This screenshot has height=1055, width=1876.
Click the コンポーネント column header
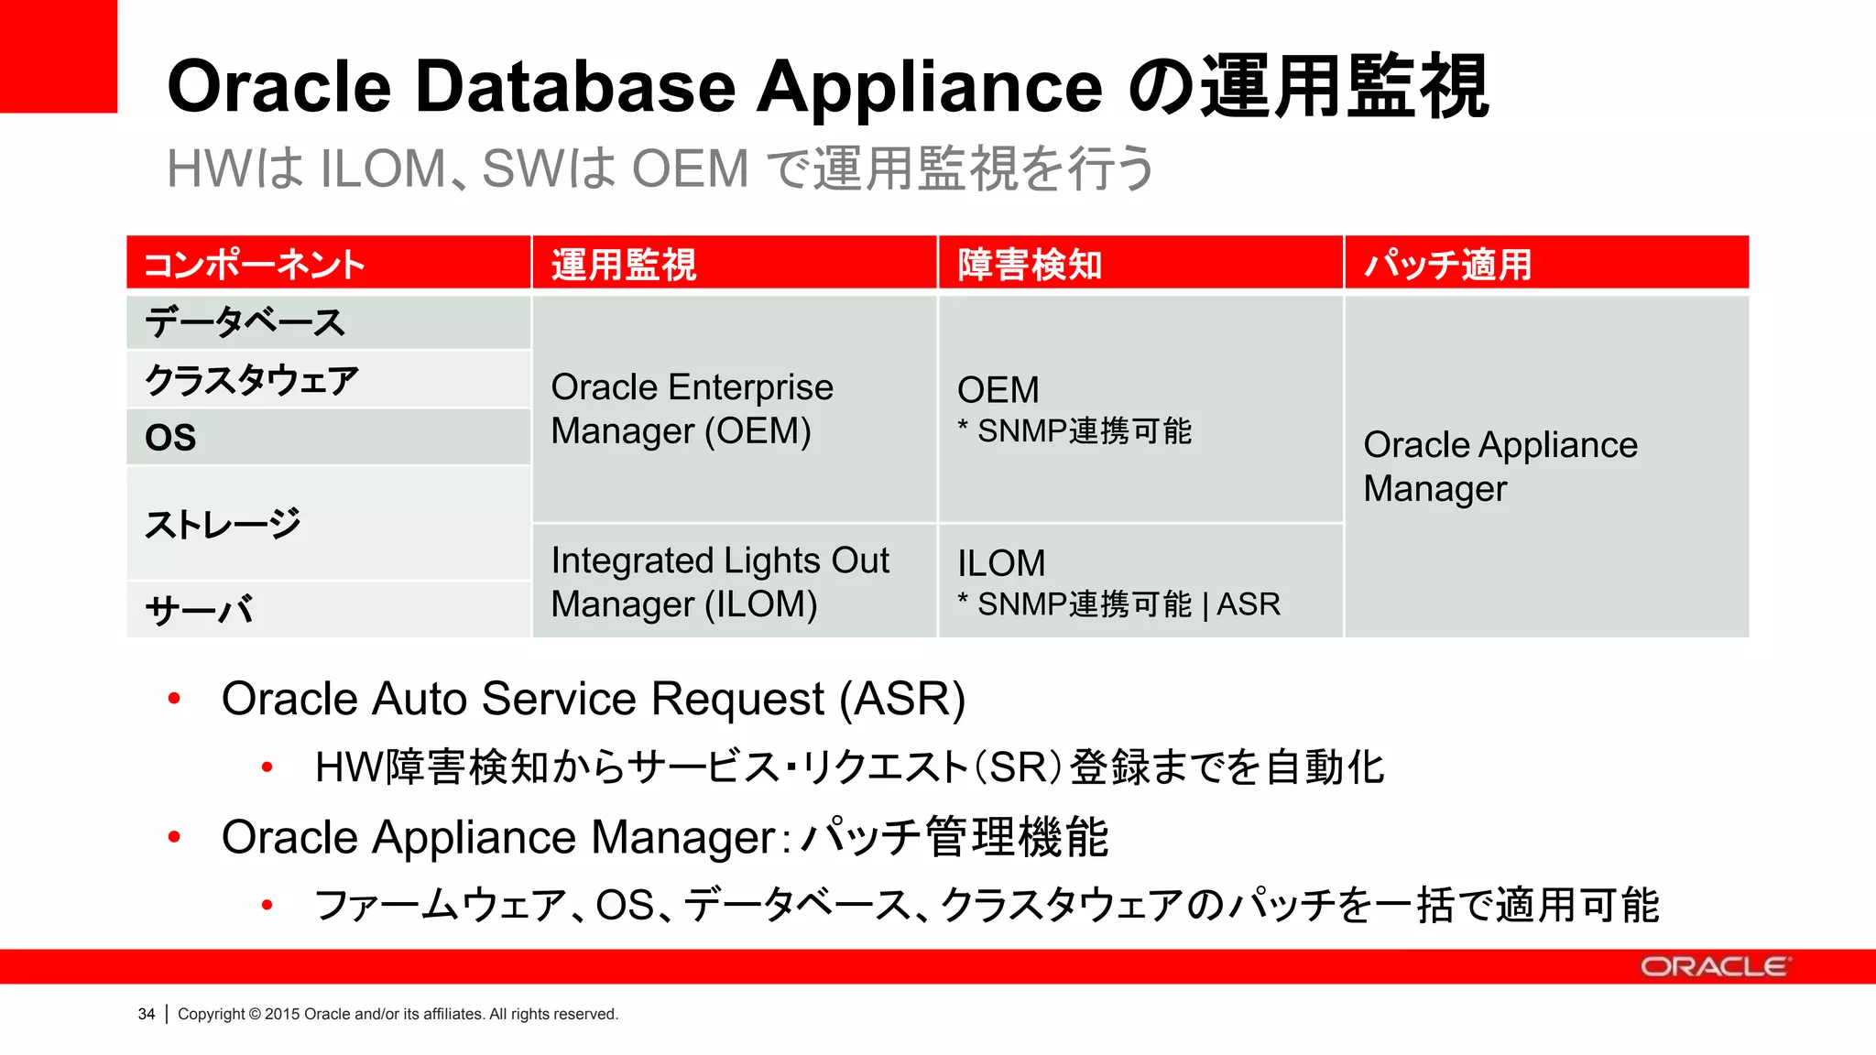[x=255, y=265]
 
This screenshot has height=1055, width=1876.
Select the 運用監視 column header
[x=624, y=265]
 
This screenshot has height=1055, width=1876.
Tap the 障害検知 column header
[x=1030, y=265]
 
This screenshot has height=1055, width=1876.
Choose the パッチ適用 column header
[x=1447, y=265]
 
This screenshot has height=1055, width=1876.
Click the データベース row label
[x=245, y=322]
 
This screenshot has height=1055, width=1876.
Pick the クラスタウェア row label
[x=252, y=380]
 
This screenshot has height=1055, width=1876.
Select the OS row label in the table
[x=171, y=438]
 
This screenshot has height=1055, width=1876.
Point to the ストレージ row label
[x=223, y=524]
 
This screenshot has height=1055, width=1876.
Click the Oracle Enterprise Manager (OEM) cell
[x=692, y=409]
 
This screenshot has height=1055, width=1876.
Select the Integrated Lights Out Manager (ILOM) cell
[x=720, y=582]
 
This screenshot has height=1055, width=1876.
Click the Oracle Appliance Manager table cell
[x=1500, y=466]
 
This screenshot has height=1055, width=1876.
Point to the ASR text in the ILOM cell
[x=1249, y=605]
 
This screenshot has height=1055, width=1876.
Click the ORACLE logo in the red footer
[x=1714, y=967]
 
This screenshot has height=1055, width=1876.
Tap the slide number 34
[x=147, y=1014]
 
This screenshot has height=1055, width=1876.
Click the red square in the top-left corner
[x=59, y=56]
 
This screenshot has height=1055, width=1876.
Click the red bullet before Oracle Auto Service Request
[x=174, y=699]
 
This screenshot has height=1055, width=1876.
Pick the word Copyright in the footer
[x=211, y=1014]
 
